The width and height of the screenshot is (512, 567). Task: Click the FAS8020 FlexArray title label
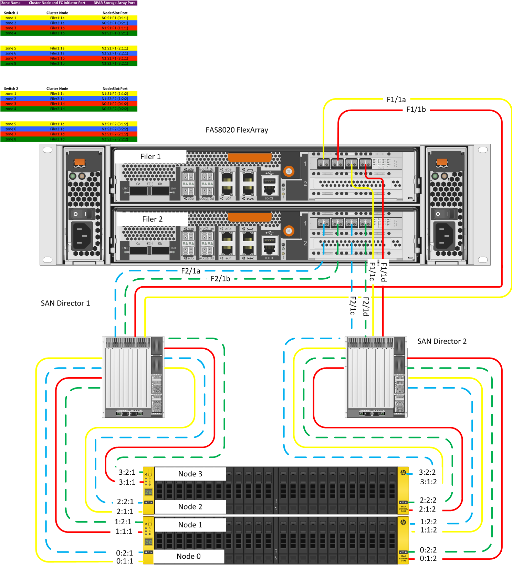237,130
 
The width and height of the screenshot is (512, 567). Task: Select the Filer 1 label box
150,157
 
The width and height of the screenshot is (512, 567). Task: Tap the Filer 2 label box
152,219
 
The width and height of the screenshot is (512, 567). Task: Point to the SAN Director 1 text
65,303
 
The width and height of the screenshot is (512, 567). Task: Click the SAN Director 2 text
442,341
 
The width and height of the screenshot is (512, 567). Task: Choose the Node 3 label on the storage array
190,474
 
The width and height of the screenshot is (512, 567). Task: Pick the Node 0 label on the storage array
188,556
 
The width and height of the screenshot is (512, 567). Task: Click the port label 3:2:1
127,472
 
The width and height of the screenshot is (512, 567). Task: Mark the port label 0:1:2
428,559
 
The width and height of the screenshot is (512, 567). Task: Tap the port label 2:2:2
428,500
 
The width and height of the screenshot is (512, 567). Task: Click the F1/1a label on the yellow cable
396,100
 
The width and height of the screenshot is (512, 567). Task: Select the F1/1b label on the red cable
416,110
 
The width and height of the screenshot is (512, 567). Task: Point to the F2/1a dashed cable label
191,271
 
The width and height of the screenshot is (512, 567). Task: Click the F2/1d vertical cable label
366,306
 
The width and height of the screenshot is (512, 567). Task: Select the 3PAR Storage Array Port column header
114,3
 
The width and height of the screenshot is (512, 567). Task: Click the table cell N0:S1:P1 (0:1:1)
115,18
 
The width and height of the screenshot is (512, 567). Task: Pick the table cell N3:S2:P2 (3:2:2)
115,129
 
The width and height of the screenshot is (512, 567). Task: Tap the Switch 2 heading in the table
11,89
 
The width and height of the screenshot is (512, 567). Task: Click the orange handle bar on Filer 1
250,158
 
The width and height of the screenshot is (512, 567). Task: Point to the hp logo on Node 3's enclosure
403,473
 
